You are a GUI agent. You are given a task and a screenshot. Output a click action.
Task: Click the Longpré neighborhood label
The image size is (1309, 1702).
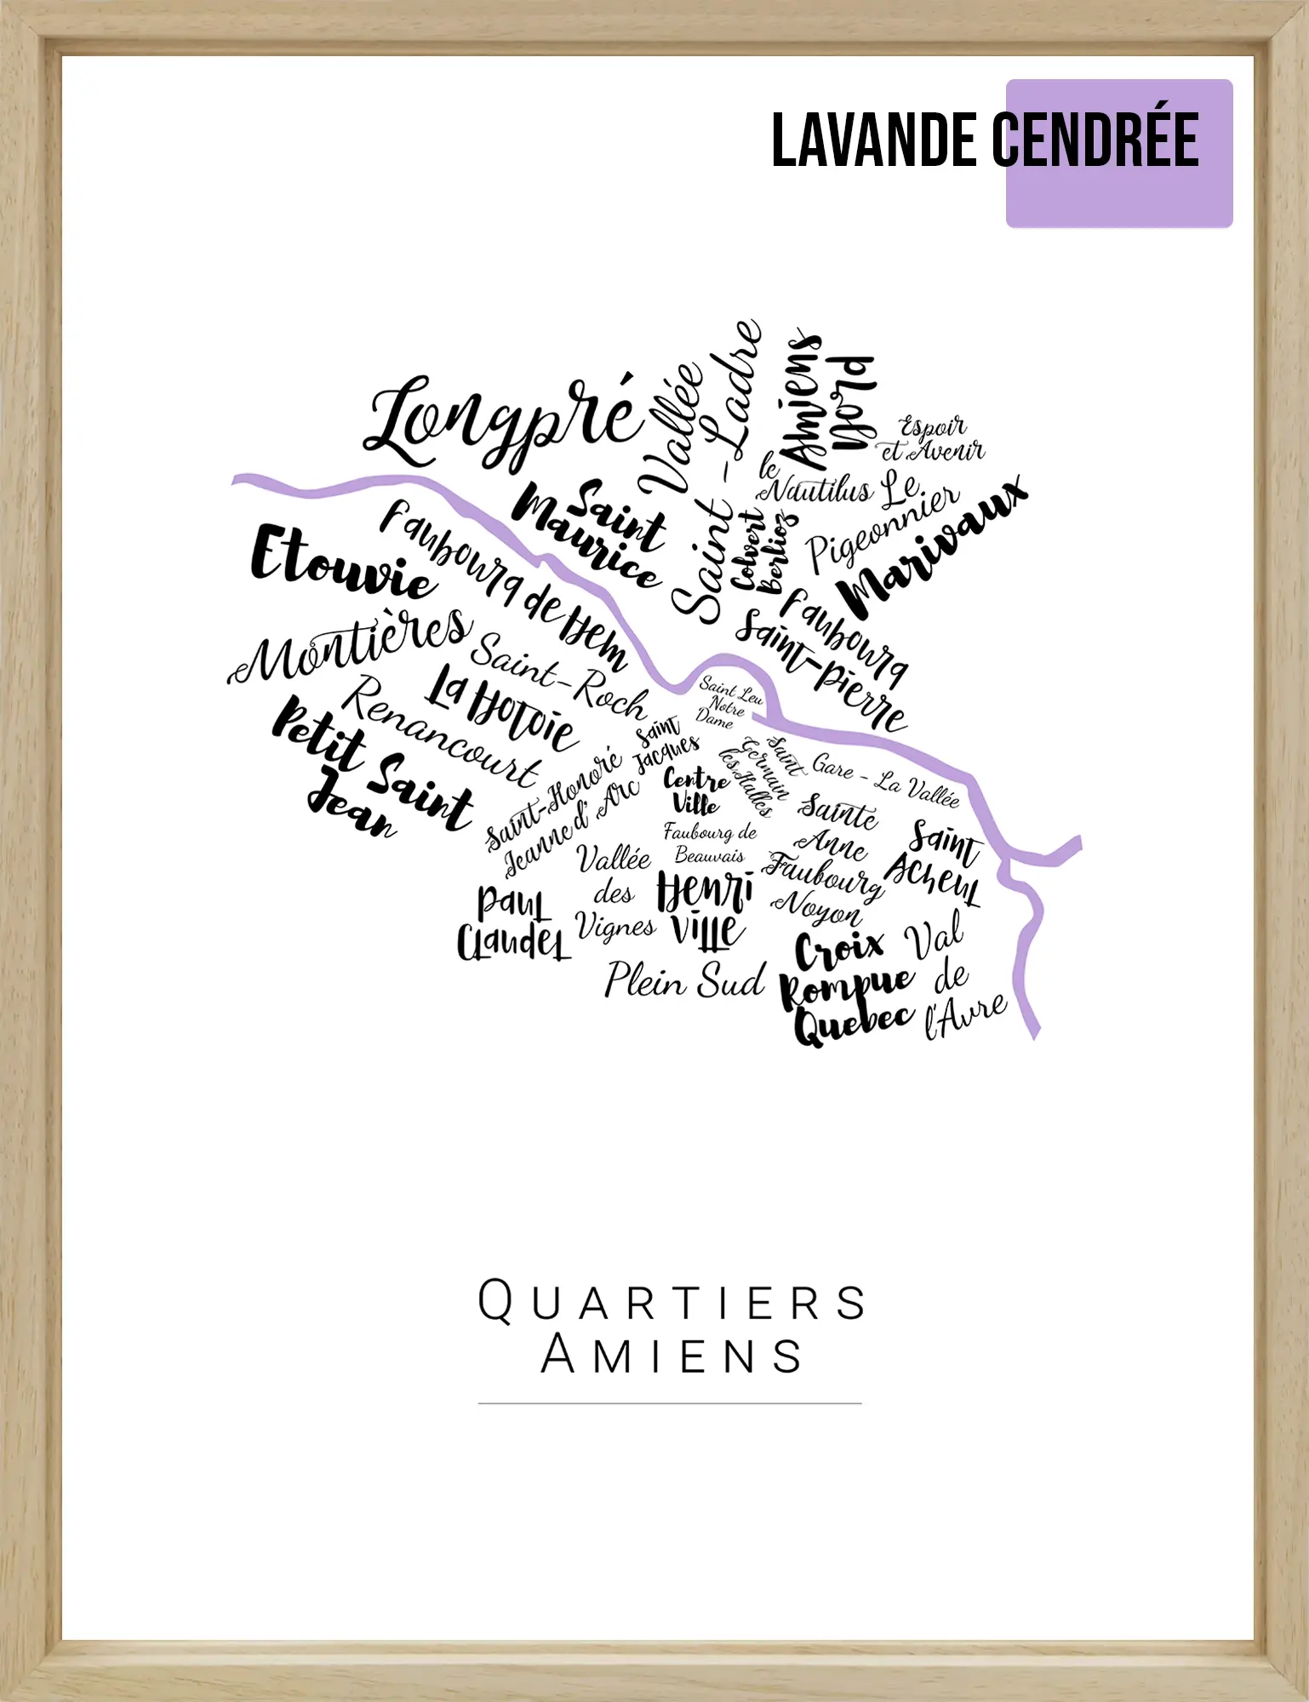click(502, 421)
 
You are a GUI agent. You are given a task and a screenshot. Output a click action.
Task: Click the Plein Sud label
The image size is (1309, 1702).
click(685, 980)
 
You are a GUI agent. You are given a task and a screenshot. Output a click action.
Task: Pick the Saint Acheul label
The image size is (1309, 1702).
click(936, 864)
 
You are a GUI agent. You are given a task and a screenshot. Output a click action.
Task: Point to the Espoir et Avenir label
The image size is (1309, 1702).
click(933, 439)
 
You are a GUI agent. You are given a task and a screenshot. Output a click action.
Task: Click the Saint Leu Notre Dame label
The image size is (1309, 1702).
click(729, 703)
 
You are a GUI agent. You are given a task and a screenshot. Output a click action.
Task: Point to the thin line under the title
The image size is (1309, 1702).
click(670, 1402)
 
